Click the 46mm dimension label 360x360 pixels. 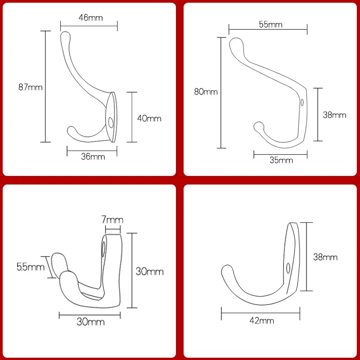[x=90, y=18]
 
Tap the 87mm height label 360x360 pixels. [x=30, y=87]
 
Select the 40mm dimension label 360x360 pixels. [x=149, y=118]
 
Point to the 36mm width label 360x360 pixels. [x=93, y=157]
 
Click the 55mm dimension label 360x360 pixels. [x=270, y=25]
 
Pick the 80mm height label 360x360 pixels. [x=206, y=92]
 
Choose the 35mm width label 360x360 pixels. [x=281, y=160]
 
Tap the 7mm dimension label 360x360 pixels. [x=112, y=220]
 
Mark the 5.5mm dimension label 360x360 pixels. [x=31, y=267]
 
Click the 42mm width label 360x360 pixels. [x=261, y=320]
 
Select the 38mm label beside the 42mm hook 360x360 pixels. [x=325, y=257]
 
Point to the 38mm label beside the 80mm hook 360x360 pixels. [x=334, y=115]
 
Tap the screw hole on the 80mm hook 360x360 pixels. [x=302, y=103]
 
